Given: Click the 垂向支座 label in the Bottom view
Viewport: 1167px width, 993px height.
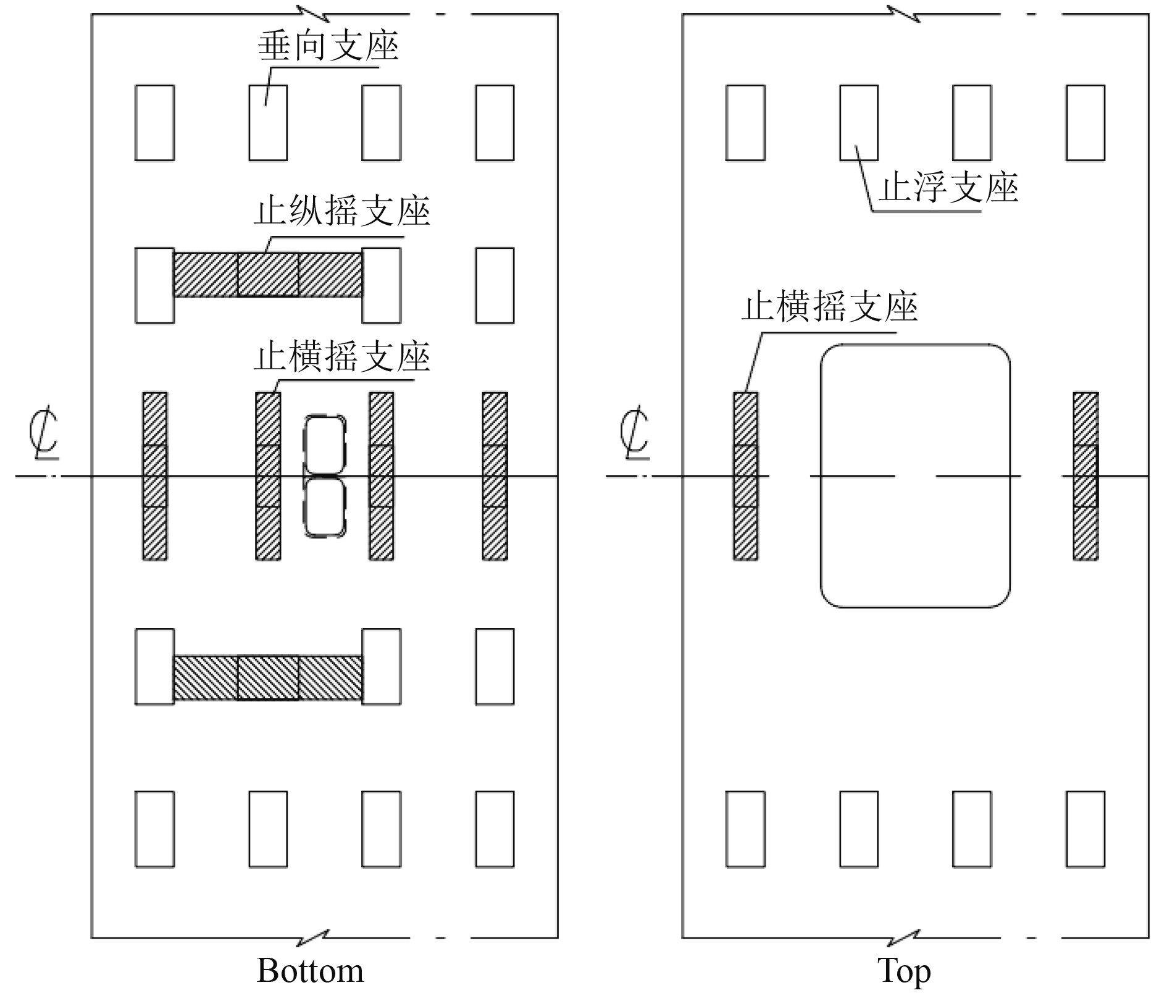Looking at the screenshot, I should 328,47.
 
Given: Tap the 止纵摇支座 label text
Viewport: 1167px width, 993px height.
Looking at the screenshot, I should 341,212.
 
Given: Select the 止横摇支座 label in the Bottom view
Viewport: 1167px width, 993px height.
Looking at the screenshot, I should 341,358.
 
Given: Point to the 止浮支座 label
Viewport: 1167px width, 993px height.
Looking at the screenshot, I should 948,188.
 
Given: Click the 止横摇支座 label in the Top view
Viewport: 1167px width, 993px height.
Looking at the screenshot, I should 829,307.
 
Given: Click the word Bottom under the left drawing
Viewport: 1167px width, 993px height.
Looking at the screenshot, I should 310,971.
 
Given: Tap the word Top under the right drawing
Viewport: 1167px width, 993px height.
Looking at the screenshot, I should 904,971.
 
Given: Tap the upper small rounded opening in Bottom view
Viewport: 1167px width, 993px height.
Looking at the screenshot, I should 325,445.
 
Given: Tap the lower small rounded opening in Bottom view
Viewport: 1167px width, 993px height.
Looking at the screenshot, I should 325,507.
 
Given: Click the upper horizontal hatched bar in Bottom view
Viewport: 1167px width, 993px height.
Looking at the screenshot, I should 268,275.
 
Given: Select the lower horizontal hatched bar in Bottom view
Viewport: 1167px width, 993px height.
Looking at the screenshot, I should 268,678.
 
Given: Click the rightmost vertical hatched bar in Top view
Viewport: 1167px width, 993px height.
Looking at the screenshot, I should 1085,476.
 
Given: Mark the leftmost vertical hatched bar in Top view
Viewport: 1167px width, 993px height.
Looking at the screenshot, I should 745,476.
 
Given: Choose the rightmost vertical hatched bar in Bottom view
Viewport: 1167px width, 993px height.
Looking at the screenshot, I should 495,476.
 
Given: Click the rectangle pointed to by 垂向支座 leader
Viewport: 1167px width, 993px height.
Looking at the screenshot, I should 268,123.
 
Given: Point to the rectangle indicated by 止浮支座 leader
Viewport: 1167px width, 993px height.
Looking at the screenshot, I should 859,123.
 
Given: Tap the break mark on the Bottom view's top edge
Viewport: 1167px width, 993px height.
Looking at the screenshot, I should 313,14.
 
